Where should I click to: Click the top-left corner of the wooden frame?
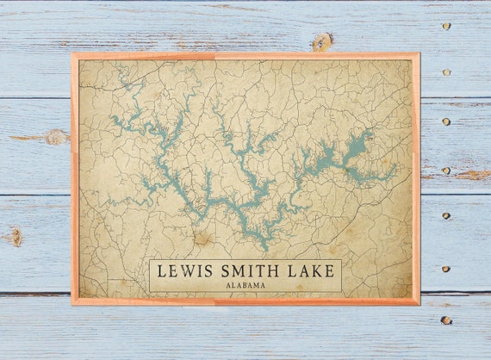pyautogui.click(x=72, y=54)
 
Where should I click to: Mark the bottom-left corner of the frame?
pyautogui.click(x=72, y=304)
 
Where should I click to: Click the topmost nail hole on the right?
pyautogui.click(x=445, y=26)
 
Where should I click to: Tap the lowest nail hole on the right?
pyautogui.click(x=445, y=320)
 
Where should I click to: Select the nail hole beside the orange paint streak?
pyautogui.click(x=445, y=171)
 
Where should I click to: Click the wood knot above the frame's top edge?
pyautogui.click(x=322, y=40)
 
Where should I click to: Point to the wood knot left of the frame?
pyautogui.click(x=56, y=136)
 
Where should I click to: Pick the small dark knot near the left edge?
pyautogui.click(x=15, y=235)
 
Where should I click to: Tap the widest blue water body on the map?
pyautogui.click(x=355, y=146)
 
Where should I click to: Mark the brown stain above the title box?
pyautogui.click(x=204, y=239)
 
